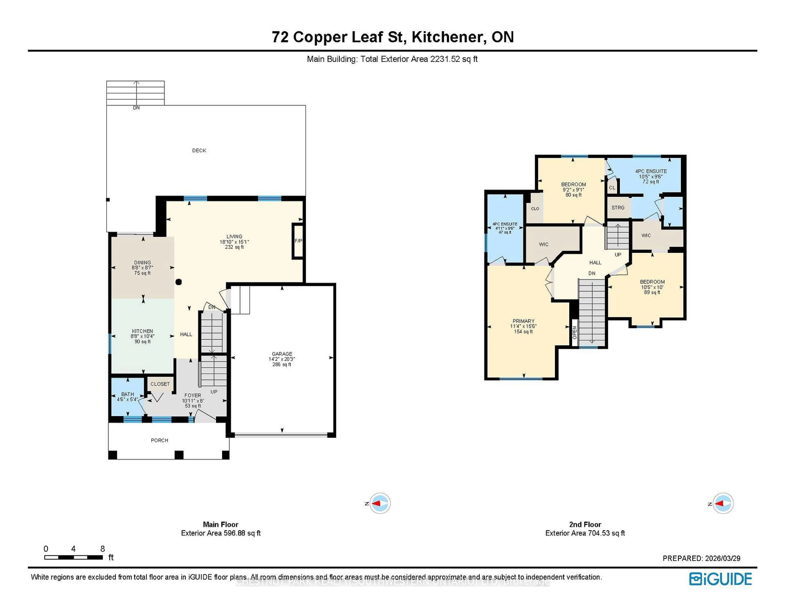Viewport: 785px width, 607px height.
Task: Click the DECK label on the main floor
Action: point(199,150)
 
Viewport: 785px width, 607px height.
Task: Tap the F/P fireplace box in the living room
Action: point(298,241)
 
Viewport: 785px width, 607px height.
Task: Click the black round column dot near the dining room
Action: point(178,282)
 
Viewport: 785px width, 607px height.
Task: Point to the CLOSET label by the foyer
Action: point(160,384)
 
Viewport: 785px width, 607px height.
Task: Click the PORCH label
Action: point(159,440)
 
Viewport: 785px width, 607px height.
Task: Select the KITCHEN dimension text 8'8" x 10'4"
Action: point(142,336)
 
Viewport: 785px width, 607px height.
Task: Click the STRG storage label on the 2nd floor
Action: point(618,208)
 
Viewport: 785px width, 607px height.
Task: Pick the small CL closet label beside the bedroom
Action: point(612,188)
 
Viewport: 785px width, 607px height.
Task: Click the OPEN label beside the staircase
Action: point(574,332)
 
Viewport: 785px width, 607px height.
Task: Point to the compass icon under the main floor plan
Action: point(380,503)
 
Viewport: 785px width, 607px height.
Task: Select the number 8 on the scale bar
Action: point(102,549)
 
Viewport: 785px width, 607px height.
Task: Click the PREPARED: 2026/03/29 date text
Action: point(701,559)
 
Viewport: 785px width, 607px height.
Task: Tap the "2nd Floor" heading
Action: point(585,524)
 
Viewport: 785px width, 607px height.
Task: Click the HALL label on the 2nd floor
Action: point(595,263)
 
